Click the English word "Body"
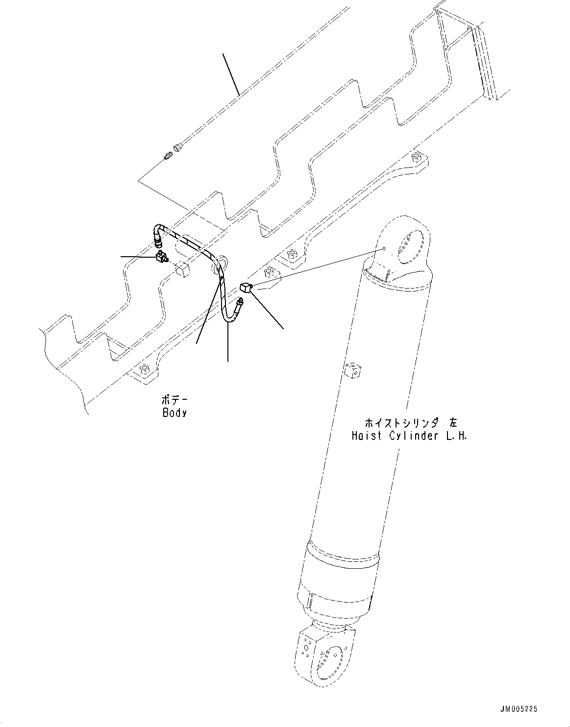click(x=174, y=412)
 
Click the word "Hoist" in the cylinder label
click(x=366, y=436)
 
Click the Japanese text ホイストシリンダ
click(x=400, y=423)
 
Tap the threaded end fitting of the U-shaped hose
click(x=241, y=303)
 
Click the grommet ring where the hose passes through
click(x=219, y=263)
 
